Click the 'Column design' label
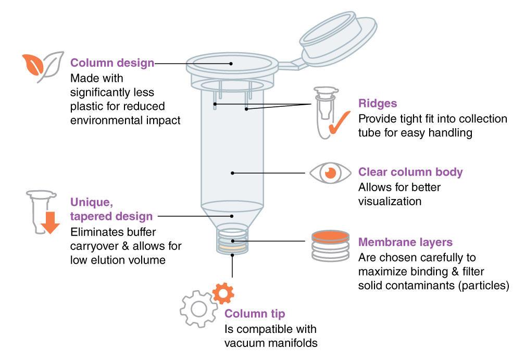click(112, 63)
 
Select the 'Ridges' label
click(378, 103)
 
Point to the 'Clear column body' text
click(410, 172)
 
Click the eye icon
click(330, 172)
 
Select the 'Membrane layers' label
click(405, 242)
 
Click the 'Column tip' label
click(255, 314)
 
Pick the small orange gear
click(223, 294)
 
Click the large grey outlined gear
click(198, 309)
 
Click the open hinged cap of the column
click(337, 39)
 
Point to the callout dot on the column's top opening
click(231, 64)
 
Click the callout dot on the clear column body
click(232, 173)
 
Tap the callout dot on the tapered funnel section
click(232, 216)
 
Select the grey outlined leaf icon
click(51, 67)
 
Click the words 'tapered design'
click(111, 216)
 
